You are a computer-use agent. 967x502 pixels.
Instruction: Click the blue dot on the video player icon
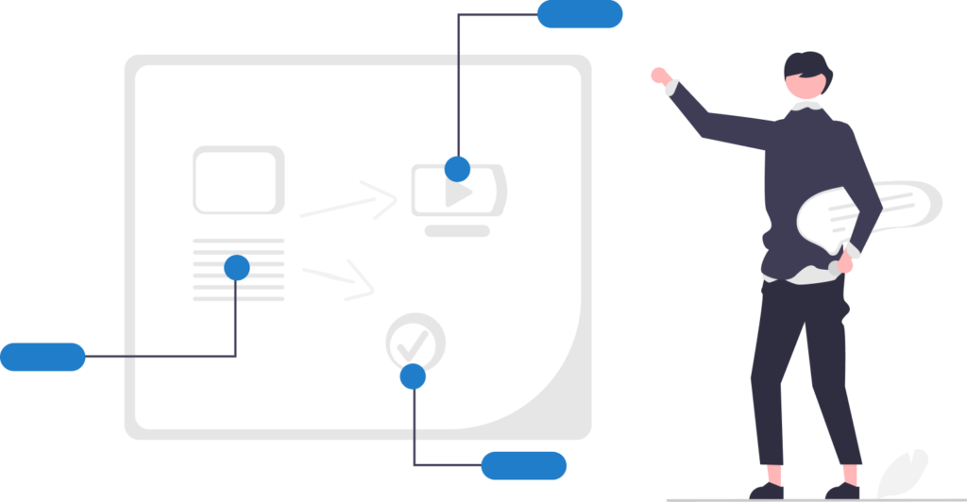click(458, 169)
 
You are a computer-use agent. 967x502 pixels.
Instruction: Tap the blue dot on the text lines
click(237, 268)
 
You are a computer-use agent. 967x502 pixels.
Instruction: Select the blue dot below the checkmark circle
click(413, 376)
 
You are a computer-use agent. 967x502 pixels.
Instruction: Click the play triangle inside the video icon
click(459, 195)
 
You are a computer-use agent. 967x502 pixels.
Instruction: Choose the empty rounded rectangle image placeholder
click(238, 179)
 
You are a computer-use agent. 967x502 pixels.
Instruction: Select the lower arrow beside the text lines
click(340, 277)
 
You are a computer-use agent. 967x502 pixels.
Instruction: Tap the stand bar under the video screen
click(457, 230)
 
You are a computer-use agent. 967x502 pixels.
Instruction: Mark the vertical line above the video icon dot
click(458, 85)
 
